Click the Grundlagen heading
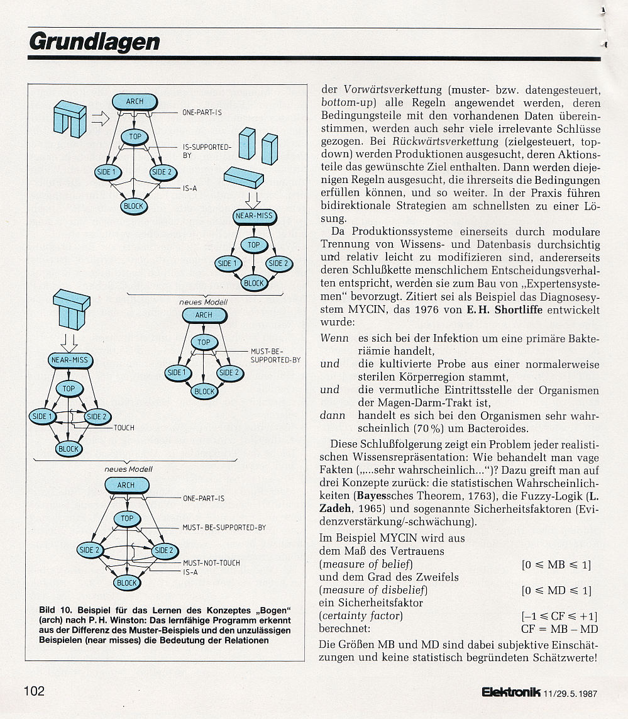click(94, 42)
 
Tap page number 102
click(35, 691)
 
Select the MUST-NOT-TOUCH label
click(211, 562)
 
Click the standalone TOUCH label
click(124, 428)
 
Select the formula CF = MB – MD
click(559, 628)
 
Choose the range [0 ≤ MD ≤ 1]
click(557, 590)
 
